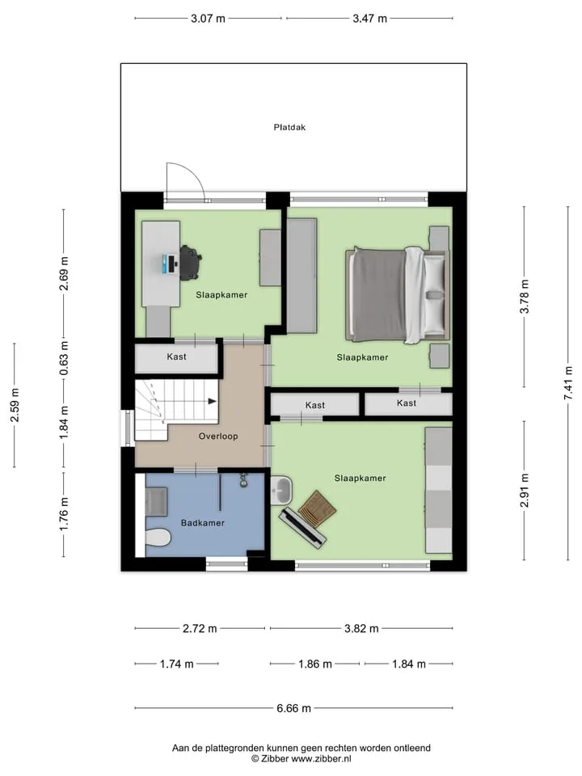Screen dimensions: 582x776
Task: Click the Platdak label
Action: coord(289,127)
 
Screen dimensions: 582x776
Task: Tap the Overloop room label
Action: coord(218,436)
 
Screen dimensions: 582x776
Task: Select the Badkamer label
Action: coord(202,523)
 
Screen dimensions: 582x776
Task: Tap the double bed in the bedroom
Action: coord(398,295)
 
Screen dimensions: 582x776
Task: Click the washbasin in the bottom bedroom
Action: coord(281,491)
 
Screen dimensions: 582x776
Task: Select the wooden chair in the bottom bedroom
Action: coord(317,507)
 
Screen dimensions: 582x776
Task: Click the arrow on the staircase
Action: coord(213,402)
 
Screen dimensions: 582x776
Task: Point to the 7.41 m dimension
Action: coord(568,383)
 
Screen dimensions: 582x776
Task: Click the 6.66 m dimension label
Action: coord(294,708)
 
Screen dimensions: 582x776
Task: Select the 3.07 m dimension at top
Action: coord(208,19)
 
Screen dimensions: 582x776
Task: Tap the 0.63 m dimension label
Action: coord(65,358)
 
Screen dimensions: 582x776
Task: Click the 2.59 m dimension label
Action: coord(15,405)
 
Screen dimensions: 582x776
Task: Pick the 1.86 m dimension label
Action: coord(314,664)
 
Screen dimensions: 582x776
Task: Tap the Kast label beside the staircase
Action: coord(177,356)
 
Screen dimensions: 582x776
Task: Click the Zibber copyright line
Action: coord(302,758)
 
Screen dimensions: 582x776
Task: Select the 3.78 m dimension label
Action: coord(525,297)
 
